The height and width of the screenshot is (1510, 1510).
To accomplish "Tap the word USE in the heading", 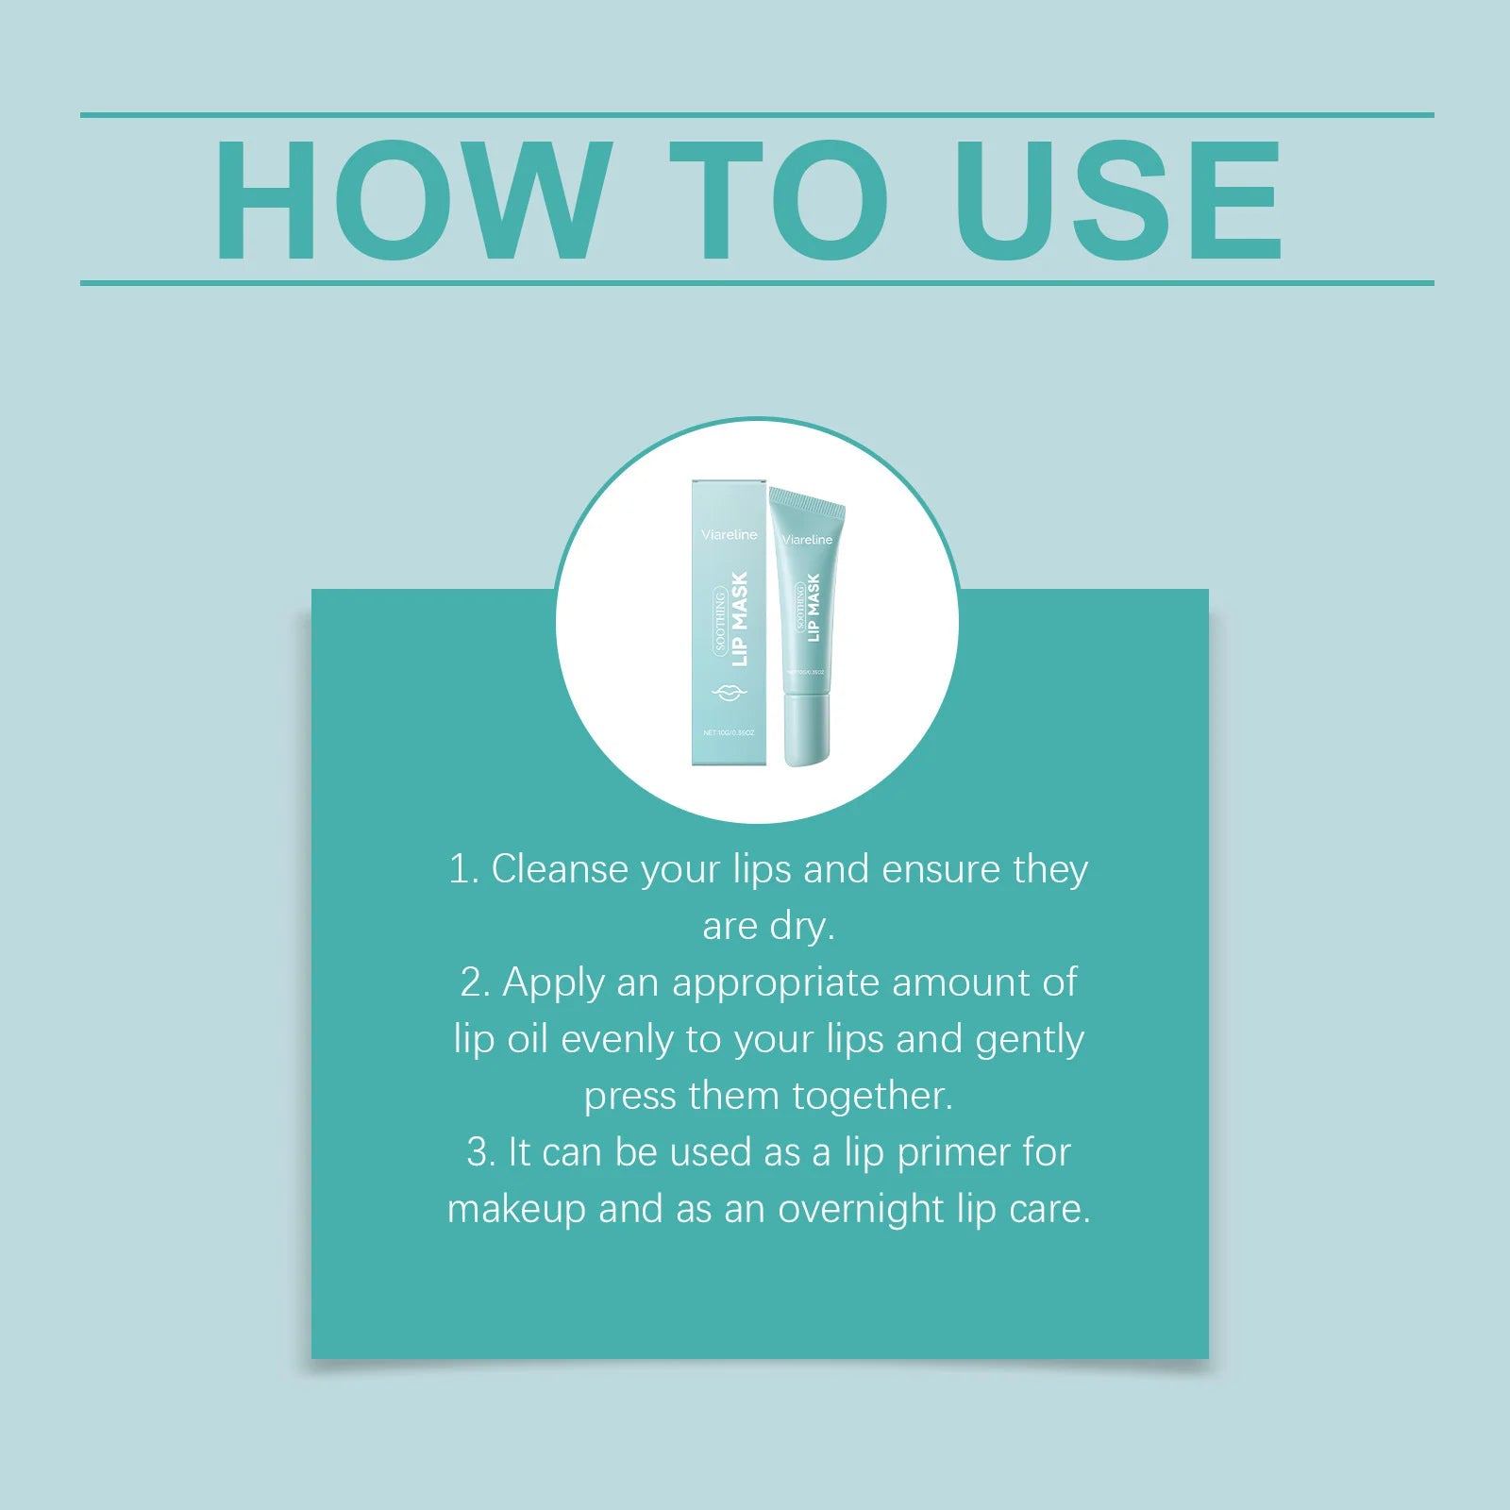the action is pos(1118,199).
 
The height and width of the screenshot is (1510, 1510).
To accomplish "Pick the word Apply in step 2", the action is pos(553,983).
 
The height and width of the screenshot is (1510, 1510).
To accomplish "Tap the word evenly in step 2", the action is pos(617,1040).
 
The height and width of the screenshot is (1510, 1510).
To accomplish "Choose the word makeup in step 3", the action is pos(516,1210).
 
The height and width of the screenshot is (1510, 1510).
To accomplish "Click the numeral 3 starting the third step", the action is pos(478,1152).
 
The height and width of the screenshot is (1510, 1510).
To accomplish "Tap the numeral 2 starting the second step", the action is pos(471,982).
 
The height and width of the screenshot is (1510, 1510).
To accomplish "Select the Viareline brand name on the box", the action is pos(729,534).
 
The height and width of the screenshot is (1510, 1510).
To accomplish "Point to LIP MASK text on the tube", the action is pos(813,608).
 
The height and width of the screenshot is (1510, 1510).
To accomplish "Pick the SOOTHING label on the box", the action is pos(720,619).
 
